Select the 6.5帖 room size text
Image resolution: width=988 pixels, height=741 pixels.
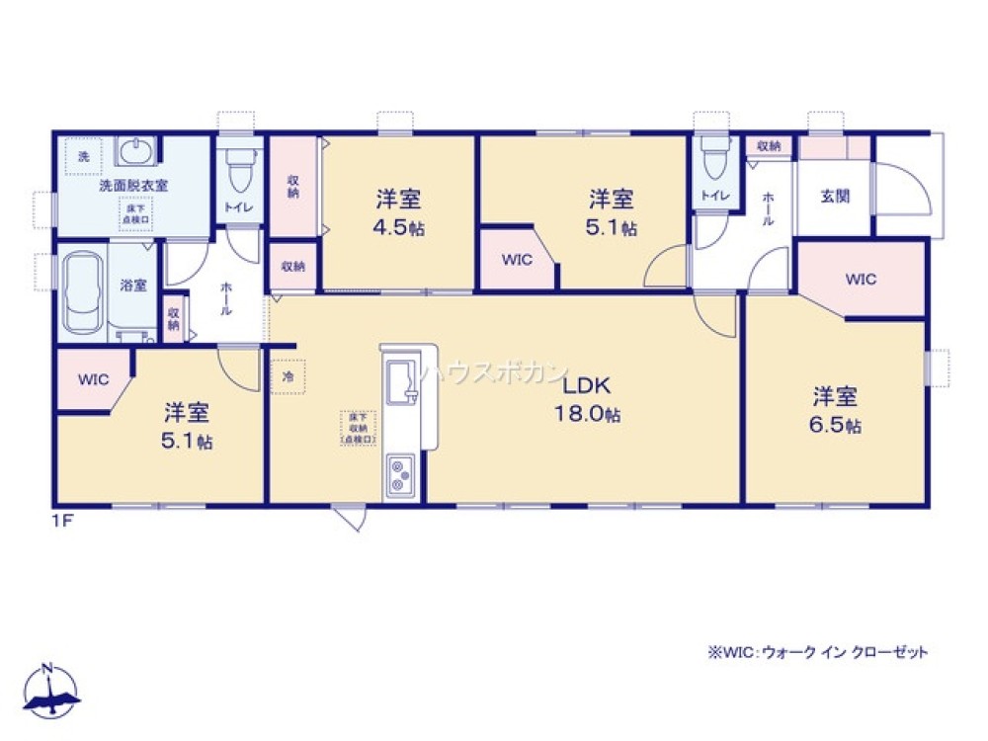pyautogui.click(x=837, y=426)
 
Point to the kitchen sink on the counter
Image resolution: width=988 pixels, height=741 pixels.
pyautogui.click(x=402, y=379)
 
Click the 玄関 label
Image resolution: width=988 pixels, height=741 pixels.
pyautogui.click(x=835, y=196)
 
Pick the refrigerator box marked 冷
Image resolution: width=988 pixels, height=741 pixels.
pyautogui.click(x=288, y=376)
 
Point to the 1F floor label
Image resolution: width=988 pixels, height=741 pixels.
pyautogui.click(x=63, y=517)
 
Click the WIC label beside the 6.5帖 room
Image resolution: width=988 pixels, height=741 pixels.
pyautogui.click(x=861, y=280)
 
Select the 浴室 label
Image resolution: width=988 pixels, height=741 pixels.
pyautogui.click(x=133, y=286)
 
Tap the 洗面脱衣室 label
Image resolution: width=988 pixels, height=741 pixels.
pyautogui.click(x=133, y=185)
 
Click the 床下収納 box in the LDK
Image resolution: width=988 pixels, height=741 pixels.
pyautogui.click(x=358, y=428)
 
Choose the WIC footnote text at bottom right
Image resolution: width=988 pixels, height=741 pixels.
pyautogui.click(x=816, y=652)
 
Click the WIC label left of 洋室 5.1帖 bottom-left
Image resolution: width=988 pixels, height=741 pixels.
pyautogui.click(x=93, y=378)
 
